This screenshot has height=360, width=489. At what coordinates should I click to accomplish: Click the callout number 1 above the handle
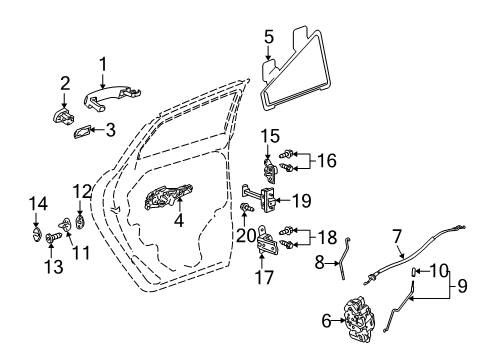tap(101, 65)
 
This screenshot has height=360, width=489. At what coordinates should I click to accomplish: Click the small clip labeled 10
tap(415, 270)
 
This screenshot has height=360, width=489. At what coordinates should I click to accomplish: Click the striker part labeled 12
tap(81, 221)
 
